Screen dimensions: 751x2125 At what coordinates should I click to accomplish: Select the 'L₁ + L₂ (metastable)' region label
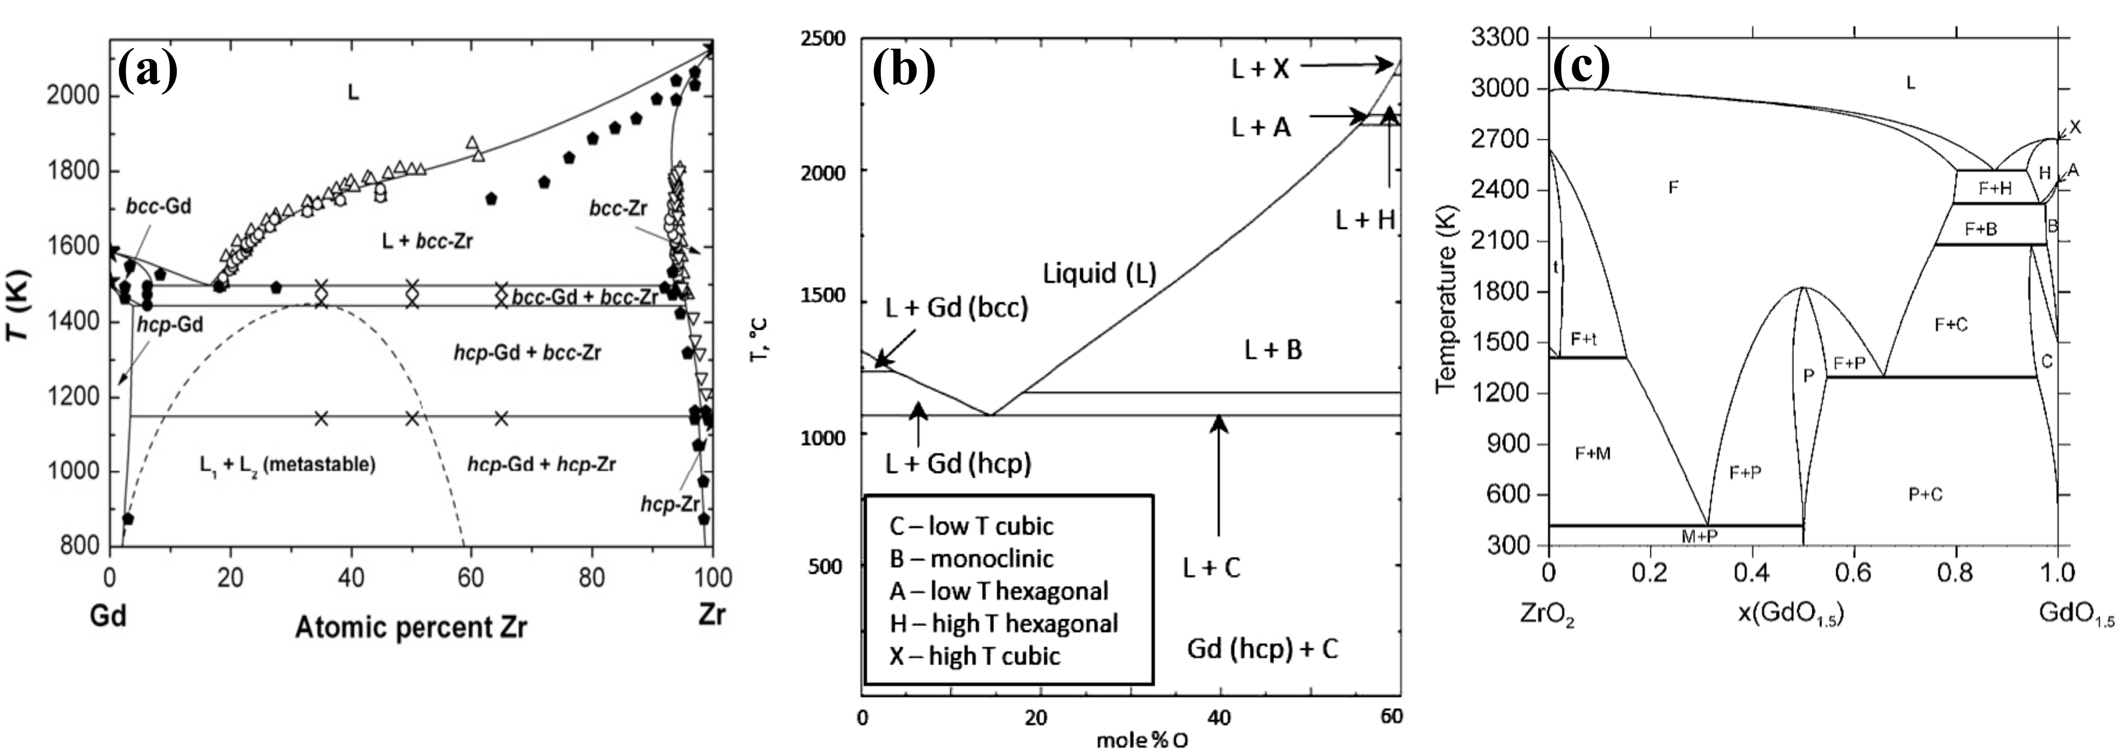coord(287,464)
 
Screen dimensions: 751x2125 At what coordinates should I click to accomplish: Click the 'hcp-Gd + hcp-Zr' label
coord(541,464)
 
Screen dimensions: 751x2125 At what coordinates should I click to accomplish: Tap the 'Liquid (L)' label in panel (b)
coord(1100,273)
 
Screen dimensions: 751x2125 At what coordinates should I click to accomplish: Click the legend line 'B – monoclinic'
coord(971,559)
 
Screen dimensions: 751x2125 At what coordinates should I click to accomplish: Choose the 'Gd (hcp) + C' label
coord(1262,648)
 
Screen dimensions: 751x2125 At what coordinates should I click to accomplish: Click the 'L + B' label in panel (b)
coord(1273,350)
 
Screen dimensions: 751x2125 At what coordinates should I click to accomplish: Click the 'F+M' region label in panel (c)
coord(1592,453)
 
